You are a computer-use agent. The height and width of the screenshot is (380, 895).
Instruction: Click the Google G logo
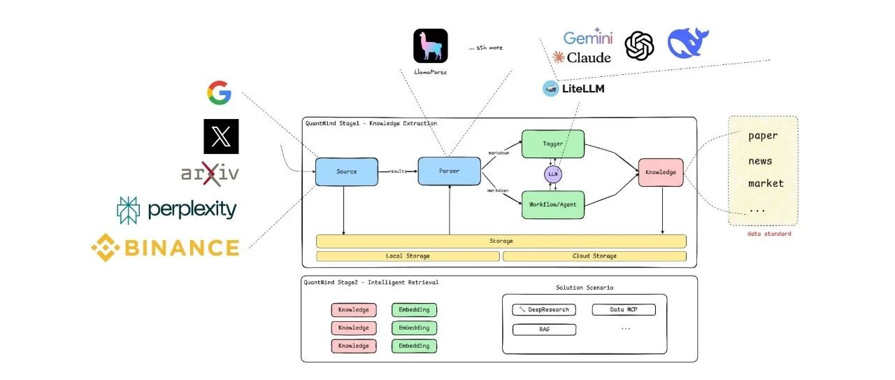(x=220, y=93)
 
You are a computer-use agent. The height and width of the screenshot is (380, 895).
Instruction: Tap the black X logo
(x=221, y=136)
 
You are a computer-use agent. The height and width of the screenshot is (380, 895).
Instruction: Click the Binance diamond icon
(x=106, y=248)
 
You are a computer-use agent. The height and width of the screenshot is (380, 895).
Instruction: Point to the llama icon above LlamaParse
(x=430, y=45)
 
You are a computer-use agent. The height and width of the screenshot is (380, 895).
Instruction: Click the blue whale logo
(x=687, y=43)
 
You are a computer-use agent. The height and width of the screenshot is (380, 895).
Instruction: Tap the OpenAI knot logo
(x=639, y=46)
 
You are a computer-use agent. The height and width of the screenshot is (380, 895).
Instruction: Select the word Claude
(x=589, y=57)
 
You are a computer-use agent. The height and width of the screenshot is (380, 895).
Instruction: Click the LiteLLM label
(x=583, y=89)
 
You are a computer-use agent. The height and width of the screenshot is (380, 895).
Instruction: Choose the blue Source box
(x=346, y=171)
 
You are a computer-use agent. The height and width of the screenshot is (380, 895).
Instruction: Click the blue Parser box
(x=449, y=171)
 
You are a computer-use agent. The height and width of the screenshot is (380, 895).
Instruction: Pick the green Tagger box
(x=553, y=143)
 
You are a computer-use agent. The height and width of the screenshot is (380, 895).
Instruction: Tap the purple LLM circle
(x=553, y=174)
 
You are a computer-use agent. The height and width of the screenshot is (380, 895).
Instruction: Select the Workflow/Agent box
(x=553, y=205)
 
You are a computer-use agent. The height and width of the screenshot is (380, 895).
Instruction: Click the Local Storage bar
(x=408, y=256)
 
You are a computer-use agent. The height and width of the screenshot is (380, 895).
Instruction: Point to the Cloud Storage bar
(x=594, y=256)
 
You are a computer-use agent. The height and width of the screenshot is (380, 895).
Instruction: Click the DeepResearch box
(x=544, y=309)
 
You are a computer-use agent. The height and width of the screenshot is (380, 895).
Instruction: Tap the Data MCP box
(x=624, y=309)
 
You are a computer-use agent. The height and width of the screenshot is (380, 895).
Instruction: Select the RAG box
(x=544, y=330)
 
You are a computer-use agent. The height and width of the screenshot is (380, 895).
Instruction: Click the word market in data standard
(x=766, y=183)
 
